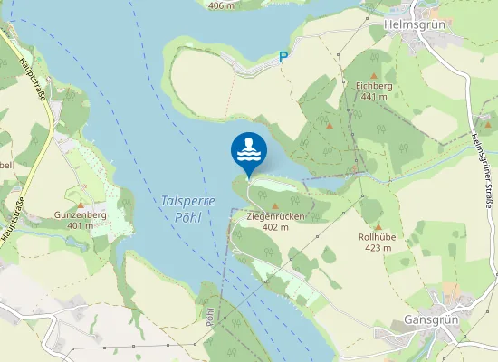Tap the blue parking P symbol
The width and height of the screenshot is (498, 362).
pos(283,56)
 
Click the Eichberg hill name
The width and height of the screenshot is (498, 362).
pos(374,85)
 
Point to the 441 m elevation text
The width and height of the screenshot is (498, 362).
pos(374,96)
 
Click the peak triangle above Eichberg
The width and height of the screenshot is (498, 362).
pos(374,74)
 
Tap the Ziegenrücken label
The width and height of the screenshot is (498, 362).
pos(275,217)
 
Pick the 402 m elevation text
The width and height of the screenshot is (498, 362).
pos(275,228)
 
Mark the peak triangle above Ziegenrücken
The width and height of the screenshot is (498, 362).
pos(275,206)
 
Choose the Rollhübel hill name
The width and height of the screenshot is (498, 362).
pos(378,237)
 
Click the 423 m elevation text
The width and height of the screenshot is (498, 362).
pos(378,248)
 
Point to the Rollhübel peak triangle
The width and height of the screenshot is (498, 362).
pos(378,226)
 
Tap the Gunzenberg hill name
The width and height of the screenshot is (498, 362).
pos(81,214)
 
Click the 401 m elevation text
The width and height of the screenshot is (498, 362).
pos(81,225)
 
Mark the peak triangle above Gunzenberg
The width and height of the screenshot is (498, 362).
pos(81,205)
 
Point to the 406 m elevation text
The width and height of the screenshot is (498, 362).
pos(222,5)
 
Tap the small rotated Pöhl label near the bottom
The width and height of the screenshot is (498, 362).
pos(210,318)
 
